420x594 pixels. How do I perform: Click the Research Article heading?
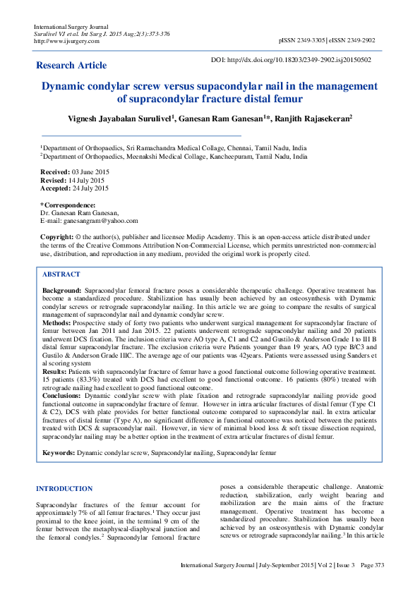point(71,66)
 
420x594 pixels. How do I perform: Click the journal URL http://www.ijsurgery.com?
point(67,41)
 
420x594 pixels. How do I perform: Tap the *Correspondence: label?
point(68,205)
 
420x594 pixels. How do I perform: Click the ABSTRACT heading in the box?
point(61,274)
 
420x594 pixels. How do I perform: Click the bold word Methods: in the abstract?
point(57,322)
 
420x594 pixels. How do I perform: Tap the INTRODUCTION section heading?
point(64,489)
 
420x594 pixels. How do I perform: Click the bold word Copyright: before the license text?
point(57,237)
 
